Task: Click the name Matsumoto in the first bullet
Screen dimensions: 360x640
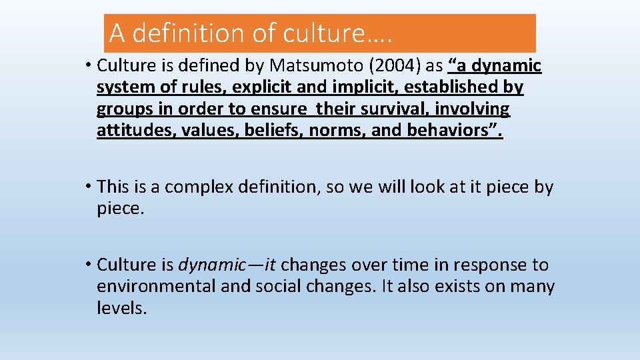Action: pos(311,65)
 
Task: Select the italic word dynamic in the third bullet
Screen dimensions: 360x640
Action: pos(212,265)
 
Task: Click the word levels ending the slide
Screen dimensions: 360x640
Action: pos(121,308)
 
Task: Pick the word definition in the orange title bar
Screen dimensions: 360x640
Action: pos(191,33)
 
